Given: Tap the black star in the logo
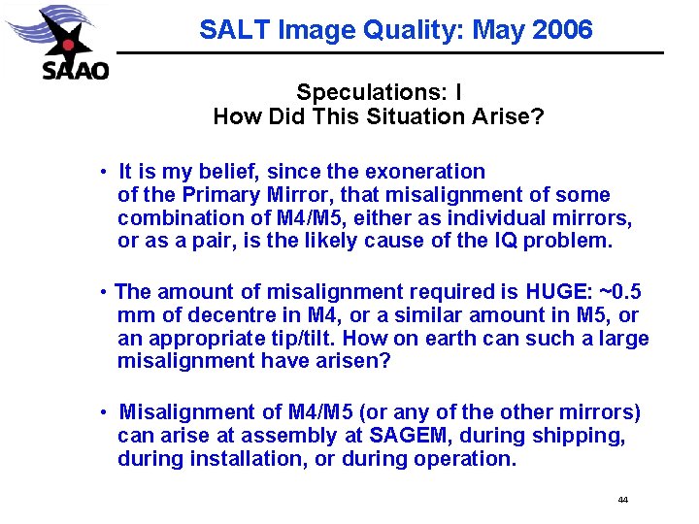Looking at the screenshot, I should click(x=65, y=42).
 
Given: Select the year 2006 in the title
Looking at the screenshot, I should click(x=563, y=29).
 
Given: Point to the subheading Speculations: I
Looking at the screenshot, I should click(x=379, y=93).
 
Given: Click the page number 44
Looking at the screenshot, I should click(x=622, y=500).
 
